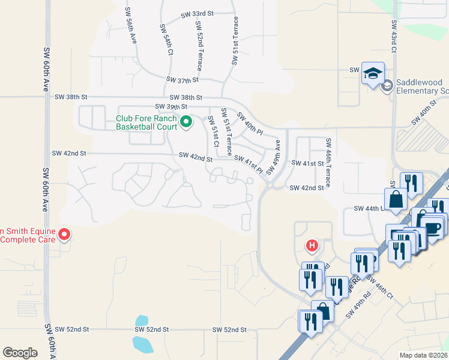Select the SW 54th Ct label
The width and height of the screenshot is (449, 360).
click(167, 40)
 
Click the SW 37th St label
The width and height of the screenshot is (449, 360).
click(182, 80)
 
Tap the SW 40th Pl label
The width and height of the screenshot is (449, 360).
click(250, 124)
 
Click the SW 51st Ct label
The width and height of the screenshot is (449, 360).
click(213, 130)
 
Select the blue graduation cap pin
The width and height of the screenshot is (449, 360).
click(373, 74)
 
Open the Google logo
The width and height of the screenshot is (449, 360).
click(20, 352)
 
